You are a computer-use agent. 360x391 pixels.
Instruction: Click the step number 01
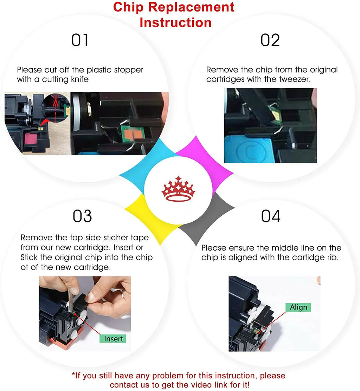tap(80, 40)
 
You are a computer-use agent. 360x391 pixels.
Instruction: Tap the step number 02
tap(270, 40)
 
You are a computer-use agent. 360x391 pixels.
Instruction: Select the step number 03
tap(82, 216)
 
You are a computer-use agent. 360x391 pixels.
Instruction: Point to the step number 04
tap(271, 216)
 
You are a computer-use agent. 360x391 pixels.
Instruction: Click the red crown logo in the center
tap(178, 189)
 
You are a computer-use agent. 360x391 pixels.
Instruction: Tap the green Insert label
tap(113, 339)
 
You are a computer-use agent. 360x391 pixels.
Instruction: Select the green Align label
tap(298, 307)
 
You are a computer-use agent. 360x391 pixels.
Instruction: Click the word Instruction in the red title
tap(176, 22)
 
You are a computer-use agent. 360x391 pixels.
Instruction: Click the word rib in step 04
tap(333, 258)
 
